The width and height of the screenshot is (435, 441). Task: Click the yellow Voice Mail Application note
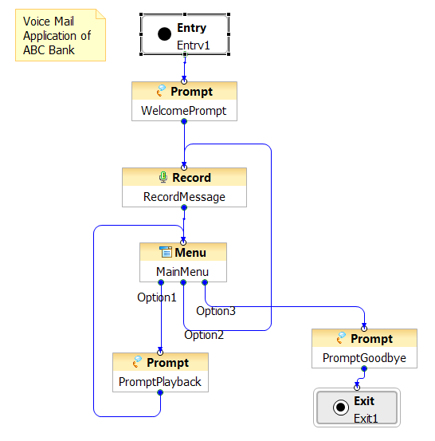click(61, 35)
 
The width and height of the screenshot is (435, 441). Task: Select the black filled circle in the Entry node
click(164, 34)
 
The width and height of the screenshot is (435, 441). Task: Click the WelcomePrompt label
click(183, 111)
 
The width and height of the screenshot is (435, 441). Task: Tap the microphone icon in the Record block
click(163, 178)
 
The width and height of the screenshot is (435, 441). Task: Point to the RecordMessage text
click(184, 197)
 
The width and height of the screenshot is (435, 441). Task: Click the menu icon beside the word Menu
click(166, 252)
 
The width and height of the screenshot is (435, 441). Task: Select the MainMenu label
click(182, 272)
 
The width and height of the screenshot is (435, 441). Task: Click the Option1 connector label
click(156, 297)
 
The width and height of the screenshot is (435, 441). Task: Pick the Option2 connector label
click(204, 335)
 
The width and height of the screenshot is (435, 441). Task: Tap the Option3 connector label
click(216, 311)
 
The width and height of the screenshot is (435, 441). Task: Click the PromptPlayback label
click(160, 382)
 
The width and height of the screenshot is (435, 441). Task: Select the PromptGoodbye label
click(364, 358)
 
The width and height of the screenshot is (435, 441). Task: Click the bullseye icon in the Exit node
click(340, 407)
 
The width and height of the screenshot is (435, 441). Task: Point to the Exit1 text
click(366, 419)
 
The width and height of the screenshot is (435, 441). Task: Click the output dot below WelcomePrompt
click(184, 121)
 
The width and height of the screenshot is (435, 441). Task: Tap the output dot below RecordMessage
click(184, 207)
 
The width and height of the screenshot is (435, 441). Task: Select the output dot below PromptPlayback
click(160, 392)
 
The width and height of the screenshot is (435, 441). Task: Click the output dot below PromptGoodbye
click(364, 368)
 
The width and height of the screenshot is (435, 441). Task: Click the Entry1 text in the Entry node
click(194, 45)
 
